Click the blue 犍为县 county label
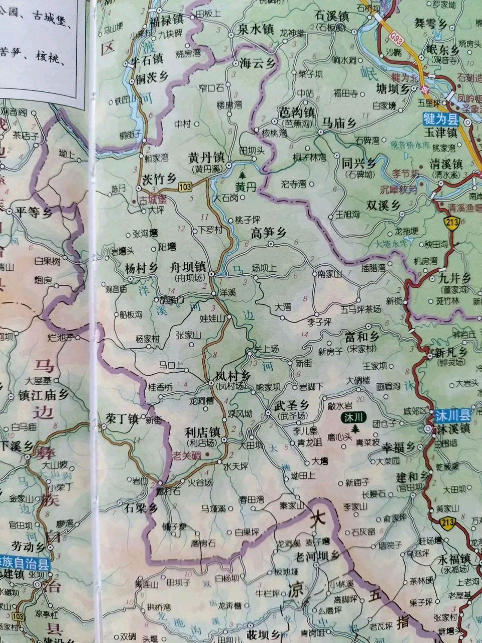coord(440,119)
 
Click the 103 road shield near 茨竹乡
coord(185,187)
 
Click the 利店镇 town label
coord(202,432)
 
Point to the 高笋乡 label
coord(268,233)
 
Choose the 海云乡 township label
coord(258,63)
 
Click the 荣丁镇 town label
coord(122,418)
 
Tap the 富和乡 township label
coord(361,336)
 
